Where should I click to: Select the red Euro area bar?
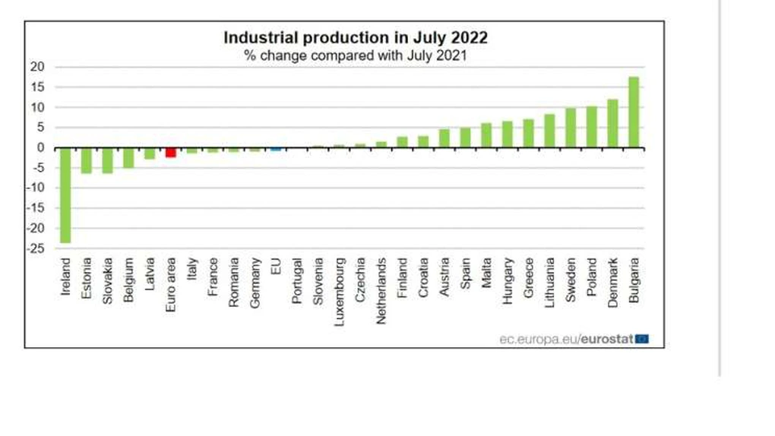point(171,152)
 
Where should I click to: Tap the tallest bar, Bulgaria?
point(634,112)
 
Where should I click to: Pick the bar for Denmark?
point(612,123)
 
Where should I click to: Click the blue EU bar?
point(276,149)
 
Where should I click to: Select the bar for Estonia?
point(87,160)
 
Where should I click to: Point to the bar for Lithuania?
point(549,131)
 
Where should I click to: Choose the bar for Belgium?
point(128,157)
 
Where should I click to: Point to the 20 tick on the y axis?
point(38,67)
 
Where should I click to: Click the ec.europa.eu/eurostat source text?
point(566,339)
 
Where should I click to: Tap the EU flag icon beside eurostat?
point(642,339)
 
